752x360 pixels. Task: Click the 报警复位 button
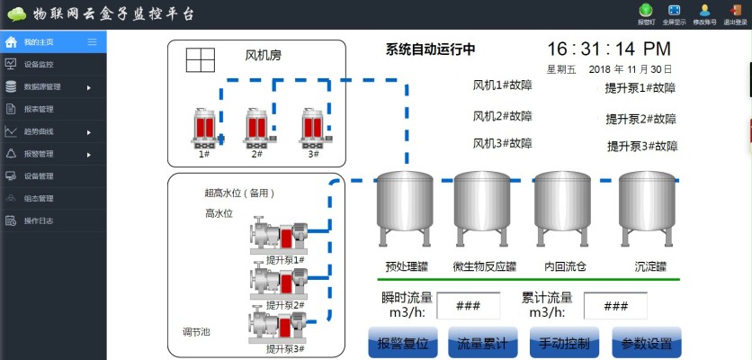click(407, 343)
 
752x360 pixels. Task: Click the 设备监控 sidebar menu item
click(39, 65)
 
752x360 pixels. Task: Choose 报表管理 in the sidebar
click(39, 109)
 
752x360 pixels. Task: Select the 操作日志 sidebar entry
click(39, 220)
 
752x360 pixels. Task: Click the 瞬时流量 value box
click(469, 306)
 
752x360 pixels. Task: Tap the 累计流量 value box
click(616, 306)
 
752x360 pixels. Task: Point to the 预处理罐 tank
click(404, 206)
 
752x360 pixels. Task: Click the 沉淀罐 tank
click(649, 206)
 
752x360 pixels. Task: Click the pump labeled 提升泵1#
click(278, 236)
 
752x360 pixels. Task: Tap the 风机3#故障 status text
click(502, 144)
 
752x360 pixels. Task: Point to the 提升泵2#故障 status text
click(640, 119)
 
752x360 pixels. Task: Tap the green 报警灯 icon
click(645, 11)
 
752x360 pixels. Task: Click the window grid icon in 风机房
click(201, 59)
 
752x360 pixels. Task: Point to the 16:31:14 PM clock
click(608, 49)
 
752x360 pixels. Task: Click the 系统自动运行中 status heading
click(430, 49)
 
